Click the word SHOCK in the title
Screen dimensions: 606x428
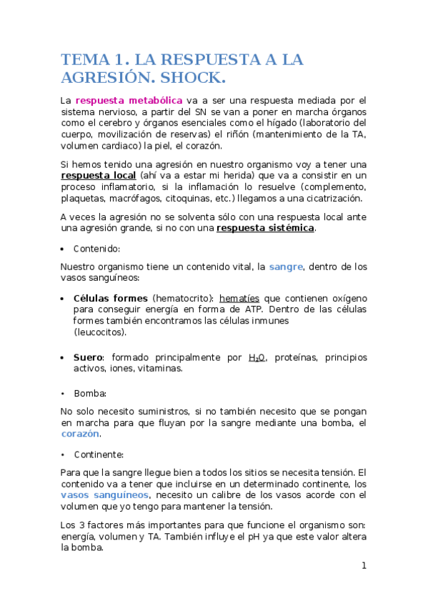(x=190, y=77)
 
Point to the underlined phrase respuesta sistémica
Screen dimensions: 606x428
(x=264, y=228)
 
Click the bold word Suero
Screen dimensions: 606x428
(x=88, y=357)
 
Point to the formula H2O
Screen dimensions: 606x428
(x=257, y=357)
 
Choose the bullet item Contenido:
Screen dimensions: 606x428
(x=96, y=248)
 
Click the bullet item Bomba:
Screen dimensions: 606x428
(x=90, y=393)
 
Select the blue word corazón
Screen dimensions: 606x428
(x=80, y=434)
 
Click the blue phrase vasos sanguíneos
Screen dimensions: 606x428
(x=104, y=495)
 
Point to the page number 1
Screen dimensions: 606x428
(x=364, y=566)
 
